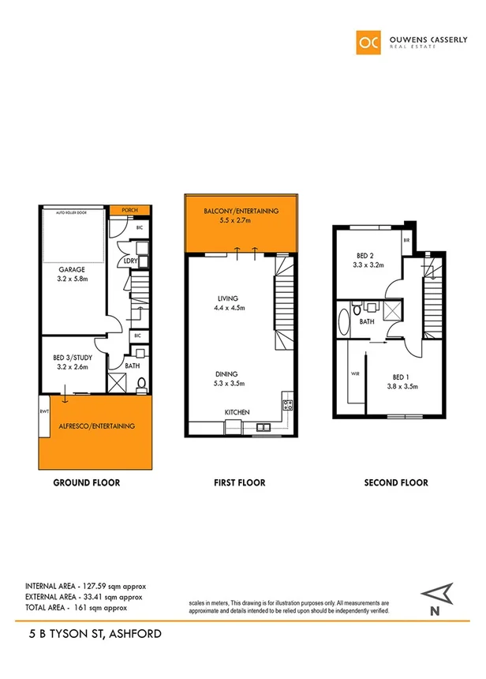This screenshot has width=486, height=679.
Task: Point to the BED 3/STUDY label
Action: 68,358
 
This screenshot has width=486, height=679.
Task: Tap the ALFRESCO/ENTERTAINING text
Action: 96,426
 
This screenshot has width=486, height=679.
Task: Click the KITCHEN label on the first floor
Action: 237,413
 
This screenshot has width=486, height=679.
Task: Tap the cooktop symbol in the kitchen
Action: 287,407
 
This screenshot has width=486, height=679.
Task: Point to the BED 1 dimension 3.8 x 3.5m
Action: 402,386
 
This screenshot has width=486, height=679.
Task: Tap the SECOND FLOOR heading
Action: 396,482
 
